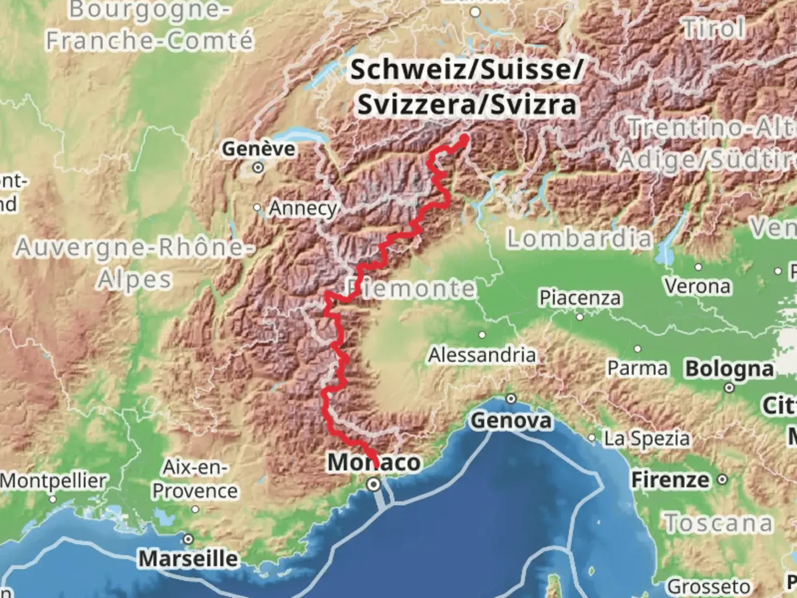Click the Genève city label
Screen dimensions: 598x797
pyautogui.click(x=258, y=148)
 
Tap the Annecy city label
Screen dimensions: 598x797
pyautogui.click(x=303, y=209)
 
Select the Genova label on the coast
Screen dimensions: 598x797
pyautogui.click(x=511, y=421)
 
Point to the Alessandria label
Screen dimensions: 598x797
pyautogui.click(x=482, y=355)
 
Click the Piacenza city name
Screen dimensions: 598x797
pyautogui.click(x=580, y=298)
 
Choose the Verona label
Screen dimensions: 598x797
pyautogui.click(x=697, y=286)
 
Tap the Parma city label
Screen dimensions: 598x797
pyautogui.click(x=638, y=368)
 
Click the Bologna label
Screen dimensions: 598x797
pyautogui.click(x=729, y=369)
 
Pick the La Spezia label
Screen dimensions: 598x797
pyautogui.click(x=647, y=439)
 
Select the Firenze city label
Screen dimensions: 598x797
pyautogui.click(x=670, y=480)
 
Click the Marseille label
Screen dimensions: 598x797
pyautogui.click(x=188, y=558)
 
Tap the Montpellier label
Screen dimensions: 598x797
pyautogui.click(x=53, y=481)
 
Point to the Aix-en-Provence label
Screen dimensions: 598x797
pyautogui.click(x=195, y=479)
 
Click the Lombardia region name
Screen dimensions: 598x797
pyautogui.click(x=579, y=239)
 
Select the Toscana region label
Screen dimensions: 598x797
pyautogui.click(x=718, y=523)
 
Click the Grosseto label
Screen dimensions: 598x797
pyautogui.click(x=709, y=586)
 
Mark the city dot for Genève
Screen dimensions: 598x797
pyautogui.click(x=258, y=167)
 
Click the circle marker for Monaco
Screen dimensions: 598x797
pyautogui.click(x=374, y=485)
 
